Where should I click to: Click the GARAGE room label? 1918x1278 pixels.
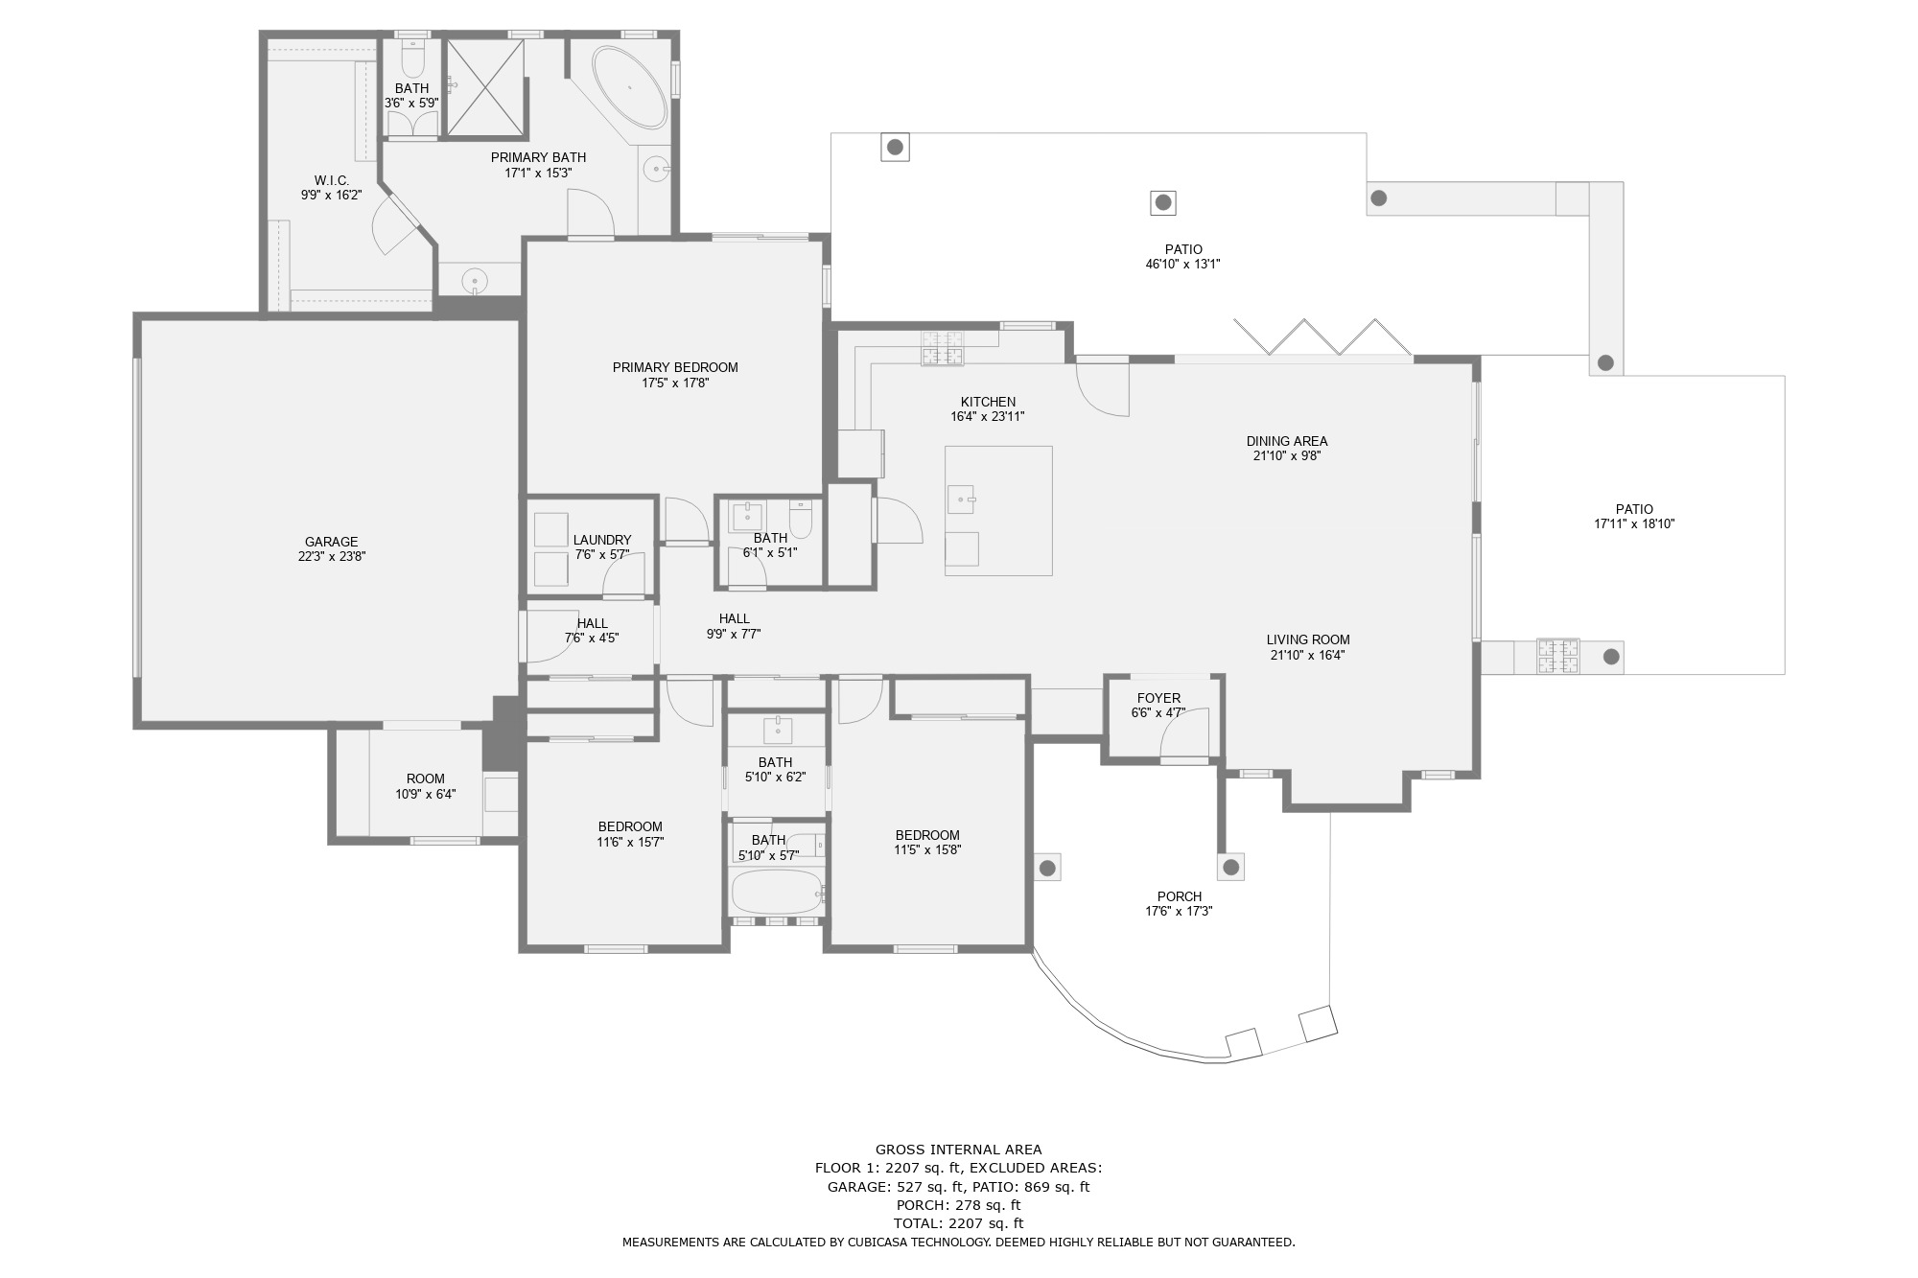pyautogui.click(x=332, y=542)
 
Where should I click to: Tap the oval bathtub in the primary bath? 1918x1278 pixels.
pyautogui.click(x=629, y=87)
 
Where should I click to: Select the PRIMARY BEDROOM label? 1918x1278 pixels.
pyautogui.click(x=675, y=367)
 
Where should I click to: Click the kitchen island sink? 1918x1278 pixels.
pyautogui.click(x=961, y=500)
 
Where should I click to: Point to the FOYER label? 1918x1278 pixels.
pyautogui.click(x=1158, y=698)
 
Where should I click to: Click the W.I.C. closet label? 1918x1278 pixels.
pyautogui.click(x=332, y=180)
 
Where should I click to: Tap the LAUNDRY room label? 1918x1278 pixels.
pyautogui.click(x=602, y=540)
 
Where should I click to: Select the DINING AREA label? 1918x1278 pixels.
pyautogui.click(x=1287, y=441)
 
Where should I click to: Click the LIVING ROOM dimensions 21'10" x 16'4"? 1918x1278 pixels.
pyautogui.click(x=1308, y=656)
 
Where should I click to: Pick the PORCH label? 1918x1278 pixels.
pyautogui.click(x=1180, y=896)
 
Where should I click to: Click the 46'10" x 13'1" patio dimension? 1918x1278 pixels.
pyautogui.click(x=1183, y=265)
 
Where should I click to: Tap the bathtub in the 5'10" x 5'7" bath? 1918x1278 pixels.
pyautogui.click(x=778, y=892)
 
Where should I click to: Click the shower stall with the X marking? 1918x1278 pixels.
pyautogui.click(x=486, y=87)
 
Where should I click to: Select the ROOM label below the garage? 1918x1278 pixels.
pyautogui.click(x=426, y=778)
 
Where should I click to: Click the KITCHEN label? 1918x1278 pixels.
pyautogui.click(x=988, y=402)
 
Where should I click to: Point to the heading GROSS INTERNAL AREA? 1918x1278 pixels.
pyautogui.click(x=959, y=1150)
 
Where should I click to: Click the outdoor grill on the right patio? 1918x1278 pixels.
pyautogui.click(x=1558, y=657)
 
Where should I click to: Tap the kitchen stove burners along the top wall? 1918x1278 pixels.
pyautogui.click(x=943, y=348)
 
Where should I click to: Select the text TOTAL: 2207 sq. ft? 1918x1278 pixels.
pyautogui.click(x=959, y=1223)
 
